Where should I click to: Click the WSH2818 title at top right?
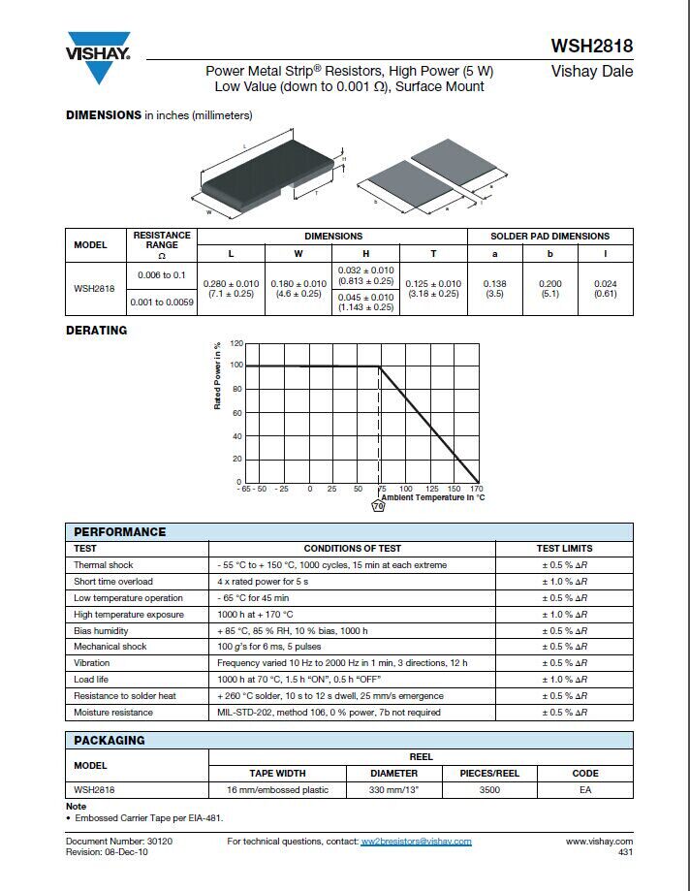tap(591, 46)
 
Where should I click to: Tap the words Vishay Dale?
tap(591, 72)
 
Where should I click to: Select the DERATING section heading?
tap(96, 331)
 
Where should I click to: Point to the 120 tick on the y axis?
tap(236, 343)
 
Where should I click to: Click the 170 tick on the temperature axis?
tap(476, 489)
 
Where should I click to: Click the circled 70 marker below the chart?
tap(379, 505)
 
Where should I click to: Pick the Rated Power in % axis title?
tap(218, 375)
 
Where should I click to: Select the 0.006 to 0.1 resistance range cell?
tap(161, 275)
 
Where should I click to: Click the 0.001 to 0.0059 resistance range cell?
tap(161, 302)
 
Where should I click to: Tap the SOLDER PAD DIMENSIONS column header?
tap(549, 236)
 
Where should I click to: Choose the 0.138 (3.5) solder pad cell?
tap(494, 288)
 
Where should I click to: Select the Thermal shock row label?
tap(104, 564)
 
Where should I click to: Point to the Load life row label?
tap(91, 679)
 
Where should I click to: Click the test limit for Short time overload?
tap(564, 581)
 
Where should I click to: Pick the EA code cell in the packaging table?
tap(585, 789)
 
